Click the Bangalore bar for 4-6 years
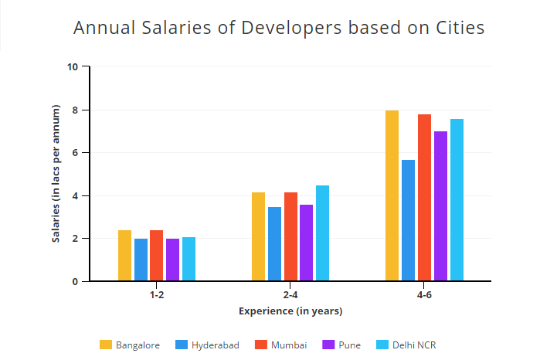coord(392,196)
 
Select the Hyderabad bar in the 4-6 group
coord(408,221)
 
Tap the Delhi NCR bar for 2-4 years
coord(322,233)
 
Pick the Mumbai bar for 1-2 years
coord(157,256)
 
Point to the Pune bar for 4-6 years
coord(440,206)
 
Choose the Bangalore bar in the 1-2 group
coord(124,256)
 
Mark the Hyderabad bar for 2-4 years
coord(274,244)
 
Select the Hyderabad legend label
coord(215,345)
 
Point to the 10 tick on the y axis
coord(73,67)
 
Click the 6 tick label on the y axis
coord(75,153)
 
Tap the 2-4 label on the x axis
coord(290,295)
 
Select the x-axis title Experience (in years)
coord(290,311)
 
